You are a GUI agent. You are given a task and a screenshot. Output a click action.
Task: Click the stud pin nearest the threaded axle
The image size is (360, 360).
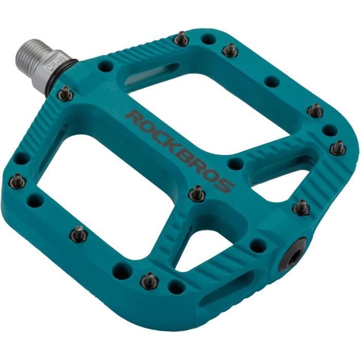(x=65, y=93)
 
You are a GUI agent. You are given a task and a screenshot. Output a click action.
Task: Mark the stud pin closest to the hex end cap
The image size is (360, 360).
(x=301, y=207)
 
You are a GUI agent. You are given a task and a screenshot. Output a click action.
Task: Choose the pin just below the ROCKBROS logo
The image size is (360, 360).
(x=196, y=193)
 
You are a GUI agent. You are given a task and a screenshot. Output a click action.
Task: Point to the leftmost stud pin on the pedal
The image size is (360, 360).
(x=18, y=180)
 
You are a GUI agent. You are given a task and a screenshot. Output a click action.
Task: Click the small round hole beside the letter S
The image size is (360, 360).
(x=236, y=164)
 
